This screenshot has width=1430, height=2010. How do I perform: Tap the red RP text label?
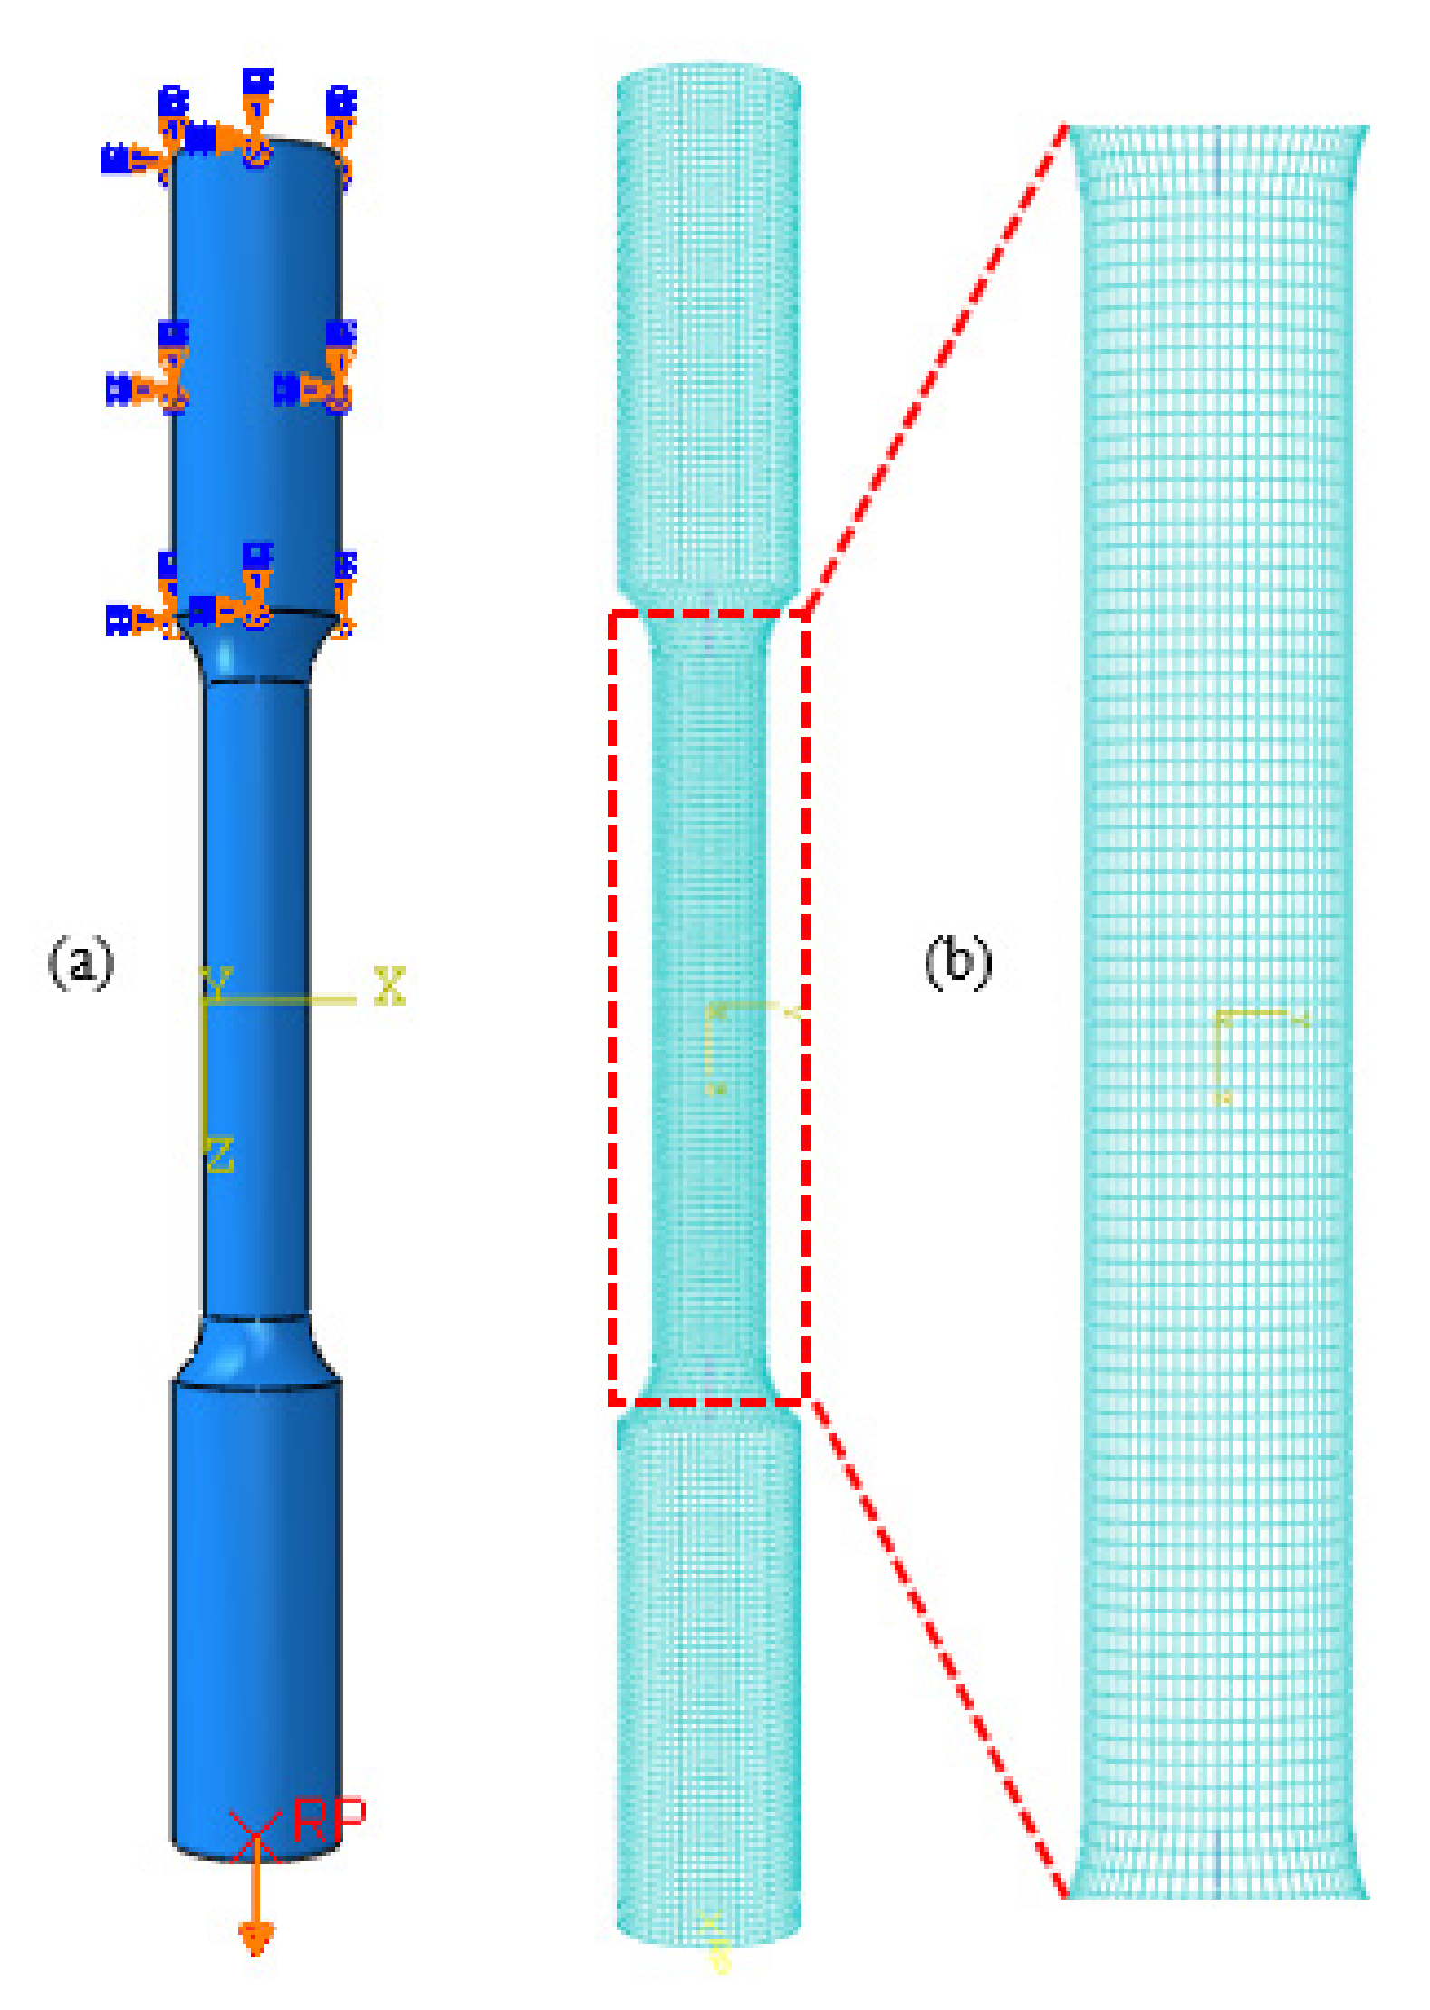pyautogui.click(x=330, y=1820)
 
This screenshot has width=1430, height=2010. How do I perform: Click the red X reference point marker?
pyautogui.click(x=255, y=1835)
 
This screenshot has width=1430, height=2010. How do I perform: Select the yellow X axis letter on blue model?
pyautogui.click(x=389, y=986)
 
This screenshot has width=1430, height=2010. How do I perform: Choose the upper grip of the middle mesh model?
pyautogui.click(x=708, y=326)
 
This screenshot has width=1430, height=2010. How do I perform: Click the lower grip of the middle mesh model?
pyautogui.click(x=708, y=1675)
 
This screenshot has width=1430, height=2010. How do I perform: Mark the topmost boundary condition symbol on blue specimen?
pyautogui.click(x=257, y=81)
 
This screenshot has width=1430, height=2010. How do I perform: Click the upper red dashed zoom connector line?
pyautogui.click(x=933, y=371)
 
